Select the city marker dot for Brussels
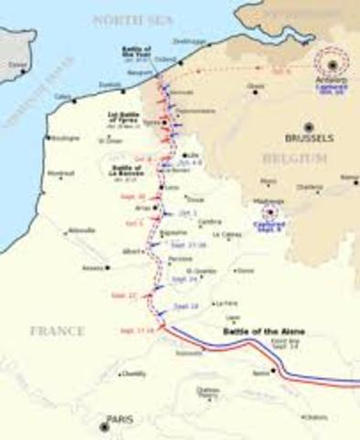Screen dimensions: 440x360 (309, 128)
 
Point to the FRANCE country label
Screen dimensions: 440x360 (57, 330)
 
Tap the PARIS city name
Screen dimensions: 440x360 (120, 420)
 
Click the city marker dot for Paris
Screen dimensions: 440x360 (104, 425)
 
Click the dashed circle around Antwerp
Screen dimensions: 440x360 (331, 64)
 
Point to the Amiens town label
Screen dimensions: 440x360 (93, 268)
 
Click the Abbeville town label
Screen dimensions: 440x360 (82, 230)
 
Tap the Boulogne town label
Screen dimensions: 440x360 (64, 138)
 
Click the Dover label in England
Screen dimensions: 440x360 (16, 65)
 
